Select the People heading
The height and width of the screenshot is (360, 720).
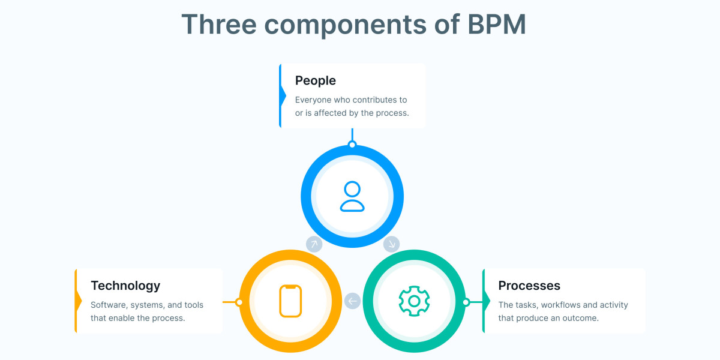tap(316, 80)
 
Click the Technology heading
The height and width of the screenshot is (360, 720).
tap(125, 286)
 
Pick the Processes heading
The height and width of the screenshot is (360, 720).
tap(529, 286)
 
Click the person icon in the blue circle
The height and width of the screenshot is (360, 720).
tap(352, 197)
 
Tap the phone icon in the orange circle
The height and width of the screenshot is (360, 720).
tap(290, 301)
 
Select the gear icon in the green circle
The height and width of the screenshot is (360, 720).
tap(413, 301)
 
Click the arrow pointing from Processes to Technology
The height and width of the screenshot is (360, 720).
tap(352, 301)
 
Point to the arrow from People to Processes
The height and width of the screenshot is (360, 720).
tap(391, 244)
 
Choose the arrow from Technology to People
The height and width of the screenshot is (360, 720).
tap(314, 244)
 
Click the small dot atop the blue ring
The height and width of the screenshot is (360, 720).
tap(352, 145)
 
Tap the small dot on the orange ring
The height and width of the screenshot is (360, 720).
tap(239, 302)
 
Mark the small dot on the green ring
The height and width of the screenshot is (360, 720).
tap(465, 302)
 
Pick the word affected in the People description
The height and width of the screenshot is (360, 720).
tap(331, 113)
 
